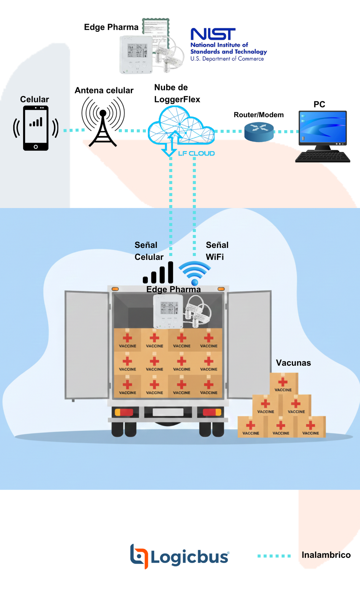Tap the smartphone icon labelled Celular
[36, 128]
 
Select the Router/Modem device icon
[259, 132]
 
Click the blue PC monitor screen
[323, 127]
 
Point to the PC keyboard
[323, 157]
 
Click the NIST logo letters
[213, 34]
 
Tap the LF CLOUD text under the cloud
[196, 153]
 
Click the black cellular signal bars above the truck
[158, 273]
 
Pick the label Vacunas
[293, 363]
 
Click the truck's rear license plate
[168, 412]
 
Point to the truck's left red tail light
[124, 412]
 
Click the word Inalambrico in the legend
[326, 555]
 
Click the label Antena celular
[104, 90]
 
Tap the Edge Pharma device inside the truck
[168, 311]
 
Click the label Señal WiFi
[217, 251]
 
